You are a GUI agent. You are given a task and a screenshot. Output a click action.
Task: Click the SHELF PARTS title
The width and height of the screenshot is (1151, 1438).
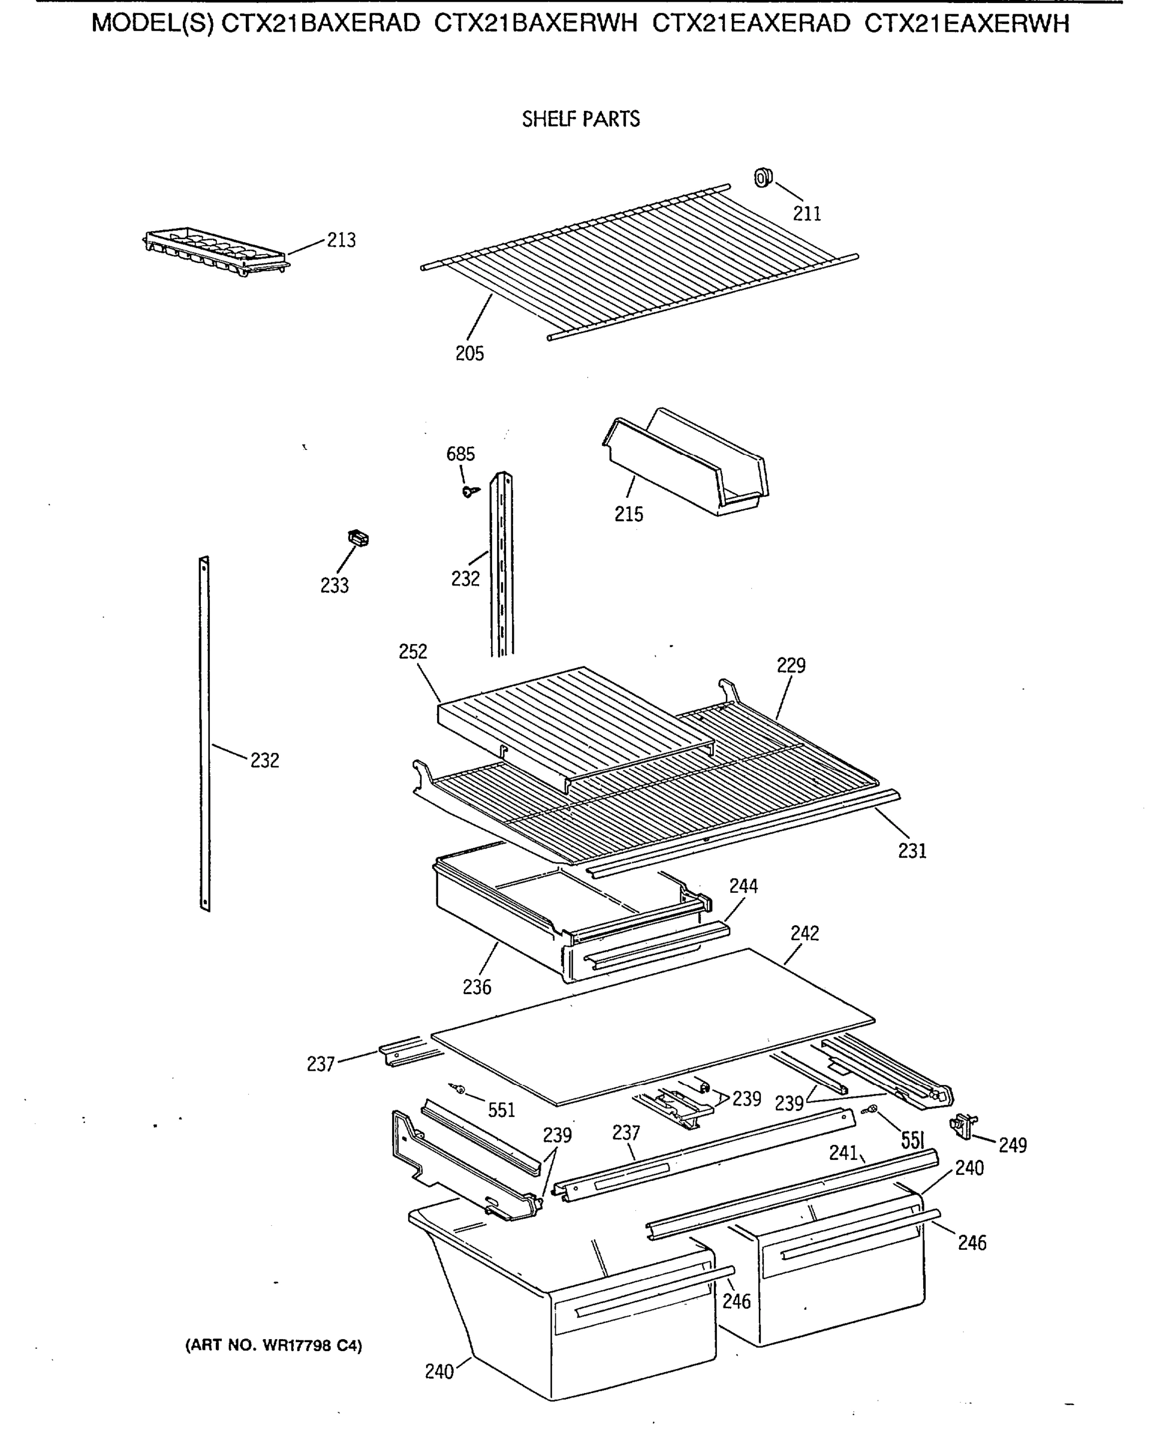point(580,119)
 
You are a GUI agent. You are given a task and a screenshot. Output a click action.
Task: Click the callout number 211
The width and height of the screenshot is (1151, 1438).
point(807,213)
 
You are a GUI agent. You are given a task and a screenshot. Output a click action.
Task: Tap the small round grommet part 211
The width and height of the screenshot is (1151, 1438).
point(763,178)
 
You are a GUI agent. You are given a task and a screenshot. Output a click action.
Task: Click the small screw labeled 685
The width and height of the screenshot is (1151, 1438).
point(471,491)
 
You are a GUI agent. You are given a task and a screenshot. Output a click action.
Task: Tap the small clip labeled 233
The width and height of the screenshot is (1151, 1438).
point(359,537)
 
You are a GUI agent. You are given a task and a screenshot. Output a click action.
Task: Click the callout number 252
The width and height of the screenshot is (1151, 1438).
point(412,652)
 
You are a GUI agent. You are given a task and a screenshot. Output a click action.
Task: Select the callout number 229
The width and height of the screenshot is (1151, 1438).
point(791,665)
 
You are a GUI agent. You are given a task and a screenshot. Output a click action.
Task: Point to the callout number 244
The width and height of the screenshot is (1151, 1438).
point(743,886)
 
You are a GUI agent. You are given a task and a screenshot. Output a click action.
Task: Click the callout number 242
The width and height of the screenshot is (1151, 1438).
point(804,933)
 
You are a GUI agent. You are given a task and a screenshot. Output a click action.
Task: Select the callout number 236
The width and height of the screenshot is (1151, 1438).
point(477,987)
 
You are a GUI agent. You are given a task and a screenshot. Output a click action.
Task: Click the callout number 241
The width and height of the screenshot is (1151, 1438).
point(843,1153)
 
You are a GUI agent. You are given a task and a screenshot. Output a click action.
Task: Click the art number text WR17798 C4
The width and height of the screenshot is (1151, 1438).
point(273,1345)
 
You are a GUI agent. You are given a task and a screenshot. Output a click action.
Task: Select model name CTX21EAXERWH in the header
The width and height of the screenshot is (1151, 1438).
point(966,24)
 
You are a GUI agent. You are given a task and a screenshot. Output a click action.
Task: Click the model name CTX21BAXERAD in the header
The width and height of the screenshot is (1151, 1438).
point(320,24)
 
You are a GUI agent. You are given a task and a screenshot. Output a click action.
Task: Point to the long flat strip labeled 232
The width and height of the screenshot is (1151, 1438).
point(204,733)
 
